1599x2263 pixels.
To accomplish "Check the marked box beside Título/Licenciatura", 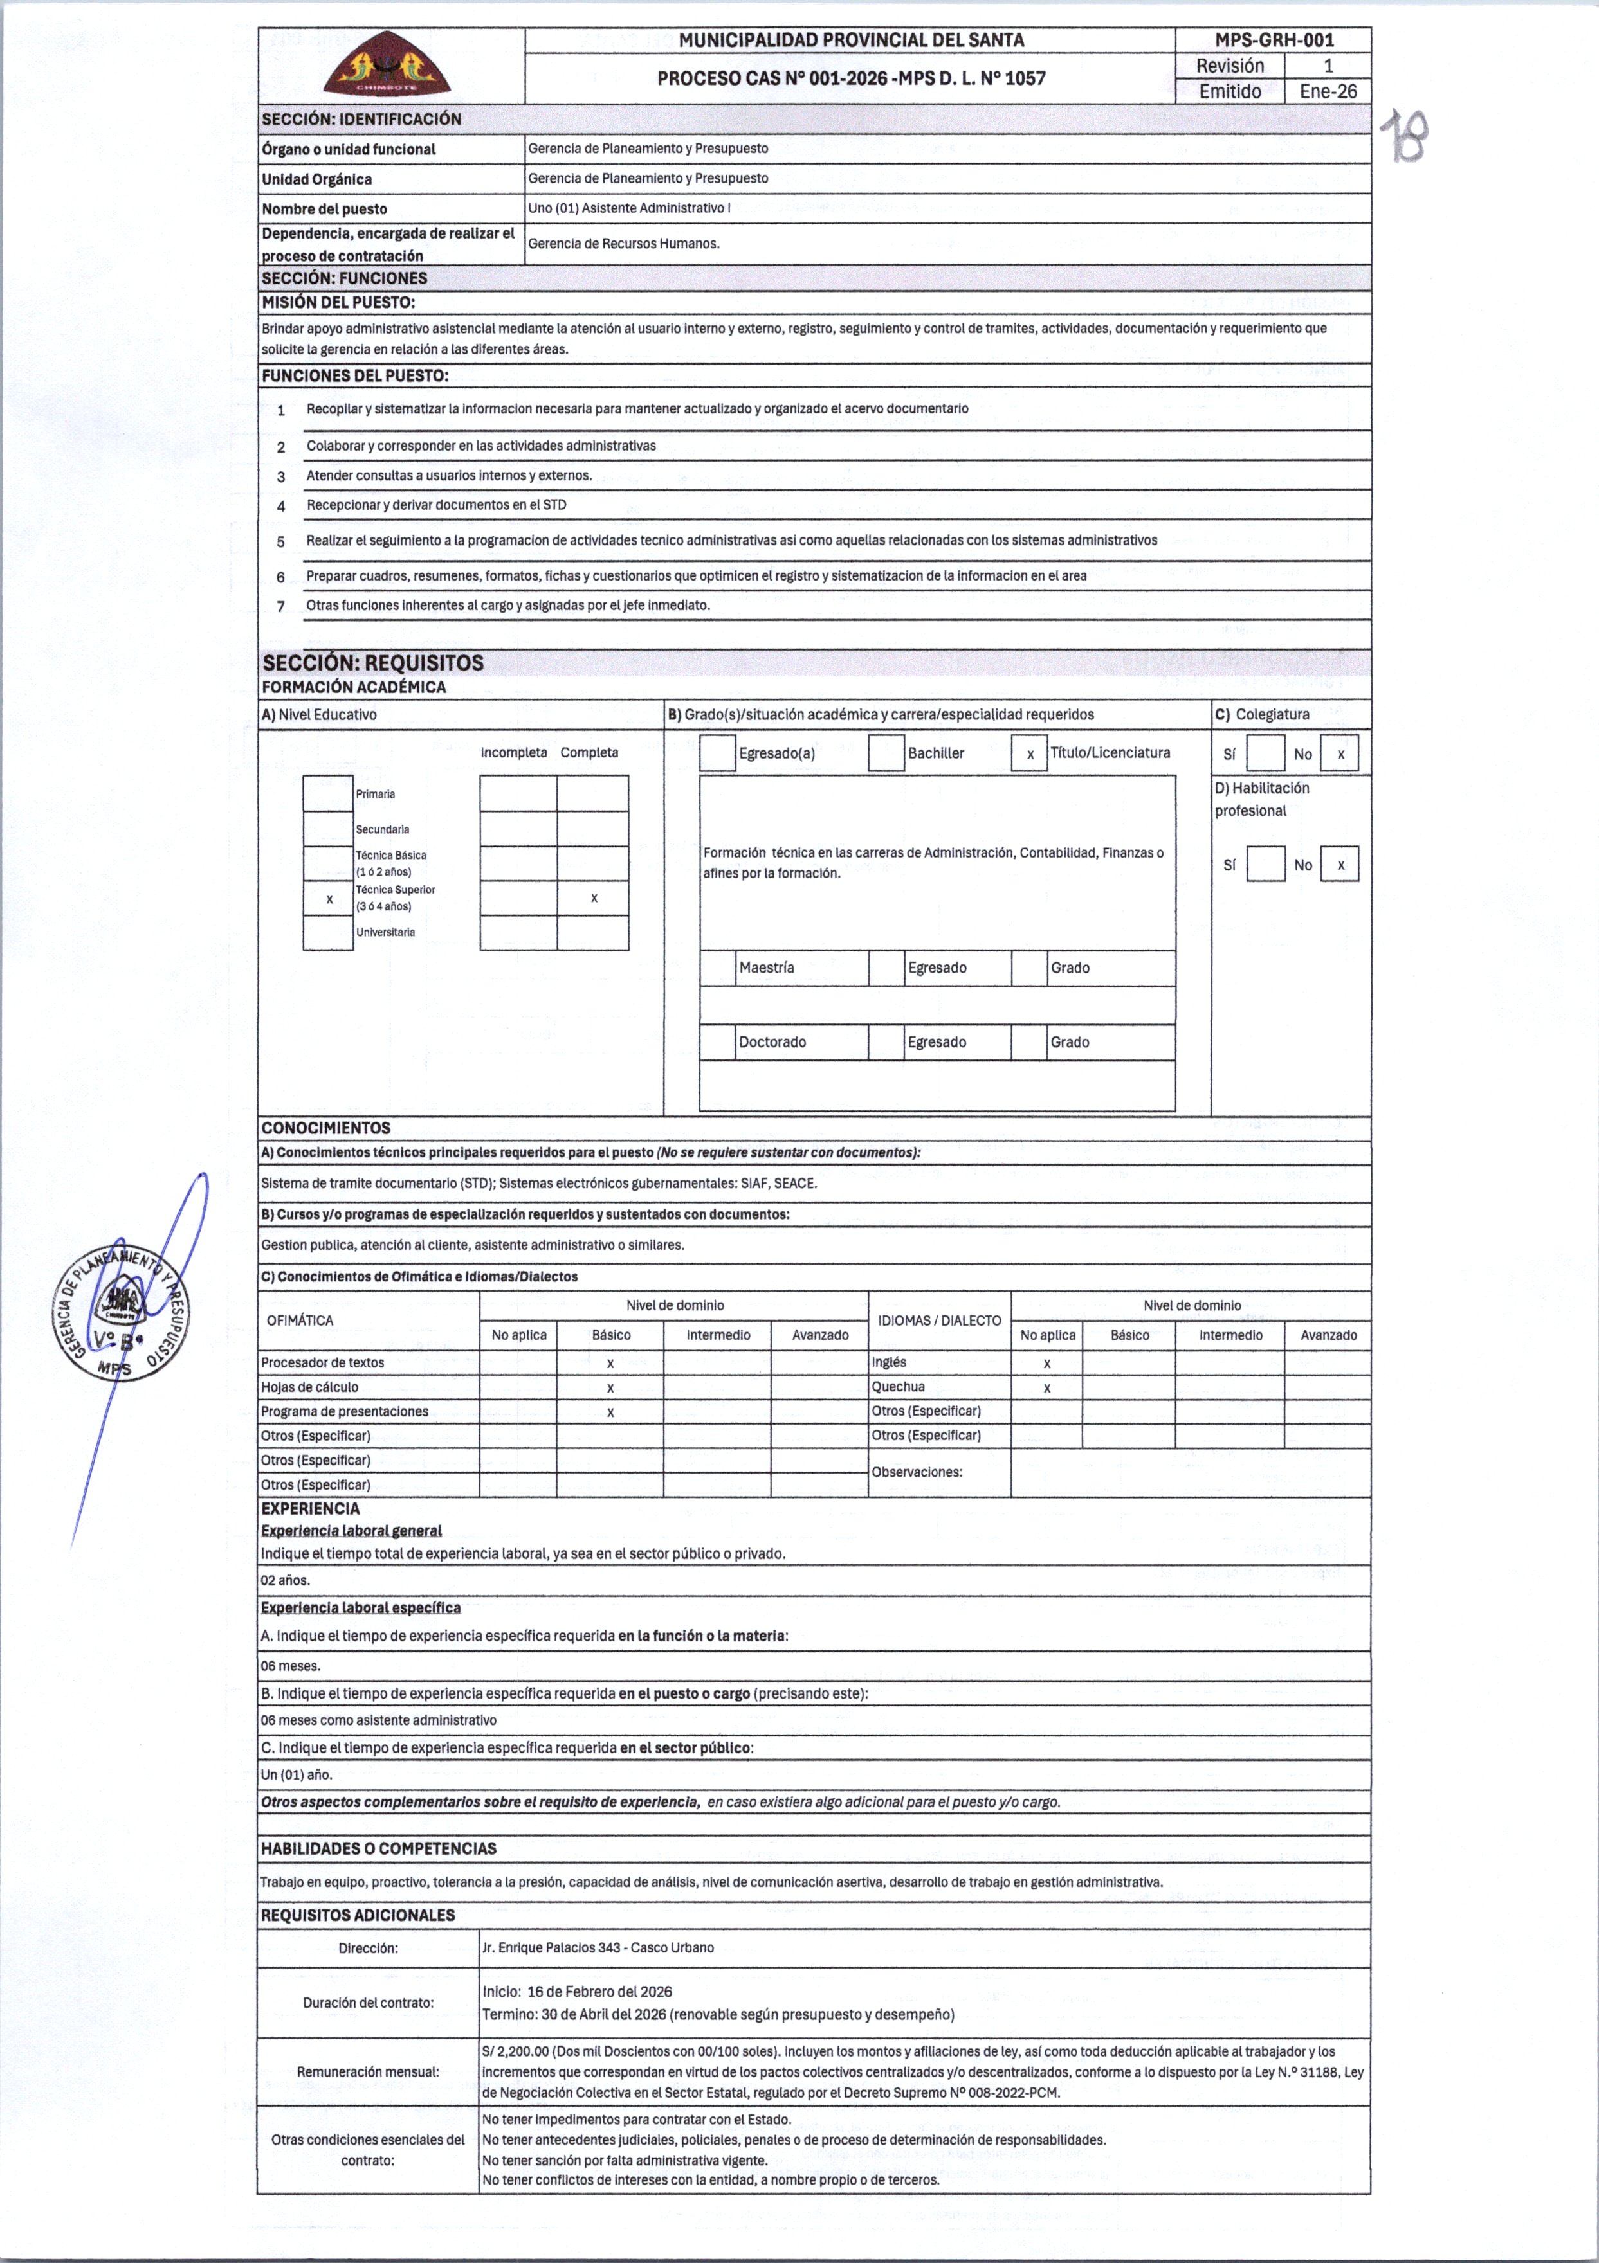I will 1029,754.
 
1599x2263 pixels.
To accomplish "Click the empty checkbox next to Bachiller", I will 886,753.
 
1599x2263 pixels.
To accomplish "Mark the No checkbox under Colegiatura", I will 1340,754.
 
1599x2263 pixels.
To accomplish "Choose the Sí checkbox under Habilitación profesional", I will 1266,865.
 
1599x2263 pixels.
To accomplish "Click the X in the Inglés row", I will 1047,1363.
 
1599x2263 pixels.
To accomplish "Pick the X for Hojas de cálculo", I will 610,1388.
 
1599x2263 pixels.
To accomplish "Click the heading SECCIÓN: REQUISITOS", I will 372,662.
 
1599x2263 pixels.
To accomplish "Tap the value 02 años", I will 286,1580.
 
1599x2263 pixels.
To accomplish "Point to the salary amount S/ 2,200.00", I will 516,2051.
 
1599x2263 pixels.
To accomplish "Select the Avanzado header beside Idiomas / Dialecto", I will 1328,1335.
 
